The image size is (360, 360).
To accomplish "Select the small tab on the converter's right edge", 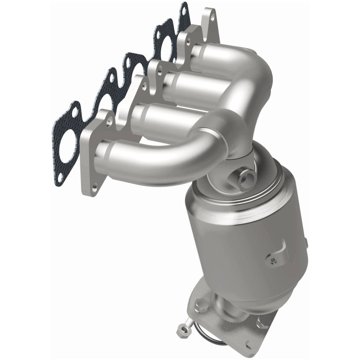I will click(306, 243).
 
